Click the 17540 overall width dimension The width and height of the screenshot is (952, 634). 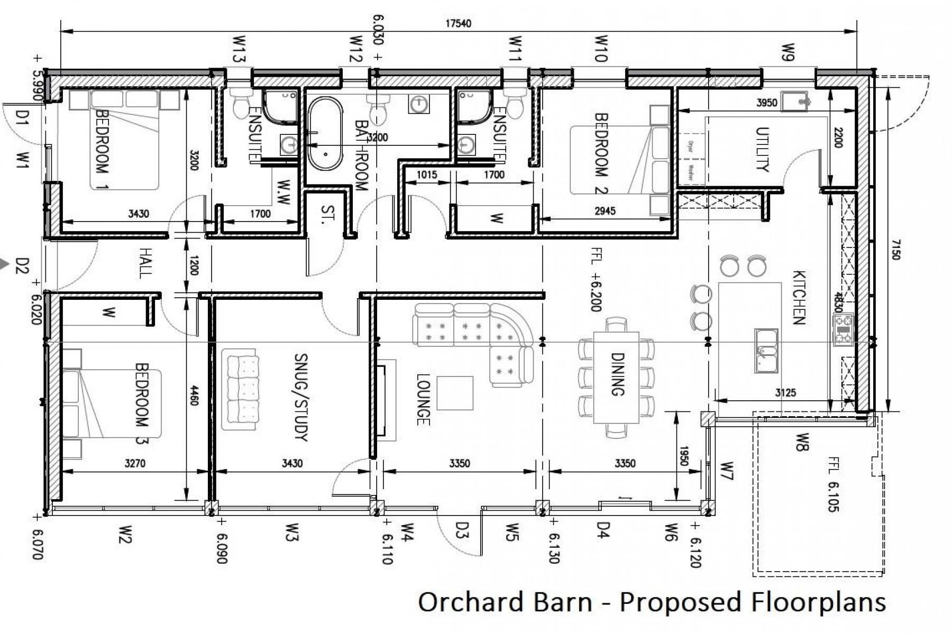[458, 24]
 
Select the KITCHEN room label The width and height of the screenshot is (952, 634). [798, 297]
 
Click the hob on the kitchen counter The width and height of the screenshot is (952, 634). [843, 329]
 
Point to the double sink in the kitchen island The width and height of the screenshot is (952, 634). [766, 350]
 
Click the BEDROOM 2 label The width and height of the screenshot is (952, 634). [602, 153]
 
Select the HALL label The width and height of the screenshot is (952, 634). [144, 263]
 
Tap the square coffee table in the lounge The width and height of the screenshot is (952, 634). [455, 393]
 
